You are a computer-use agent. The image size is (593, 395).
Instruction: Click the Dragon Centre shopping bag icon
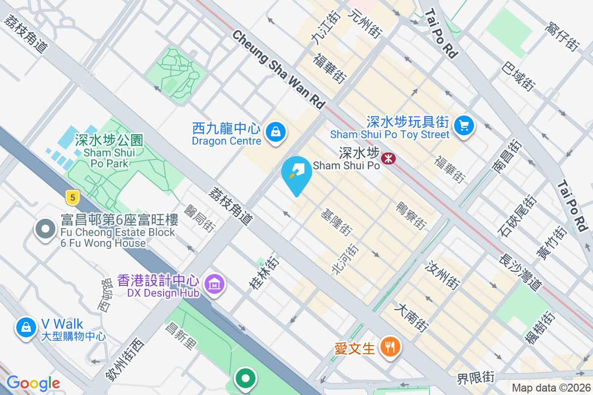pyautogui.click(x=274, y=132)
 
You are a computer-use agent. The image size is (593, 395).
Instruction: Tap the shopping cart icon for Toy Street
pyautogui.click(x=464, y=124)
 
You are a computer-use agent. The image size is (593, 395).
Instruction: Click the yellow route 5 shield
pyautogui.click(x=73, y=198)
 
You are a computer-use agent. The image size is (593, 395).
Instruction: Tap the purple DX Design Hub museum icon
pyautogui.click(x=214, y=284)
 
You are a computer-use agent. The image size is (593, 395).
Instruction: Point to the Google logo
pyautogui.click(x=33, y=383)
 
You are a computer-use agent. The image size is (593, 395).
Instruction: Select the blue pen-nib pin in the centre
pyautogui.click(x=296, y=173)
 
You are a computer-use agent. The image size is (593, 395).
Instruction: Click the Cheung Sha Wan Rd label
pyautogui.click(x=279, y=70)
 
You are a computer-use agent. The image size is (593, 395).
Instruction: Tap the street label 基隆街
pyautogui.click(x=337, y=222)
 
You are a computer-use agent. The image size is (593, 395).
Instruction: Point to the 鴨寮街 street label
pyautogui.click(x=411, y=216)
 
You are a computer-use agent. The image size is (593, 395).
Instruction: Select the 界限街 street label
pyautogui.click(x=475, y=378)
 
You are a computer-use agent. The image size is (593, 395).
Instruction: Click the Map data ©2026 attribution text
pyautogui.click(x=551, y=388)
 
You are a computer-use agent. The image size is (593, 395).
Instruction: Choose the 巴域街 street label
pyautogui.click(x=518, y=76)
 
